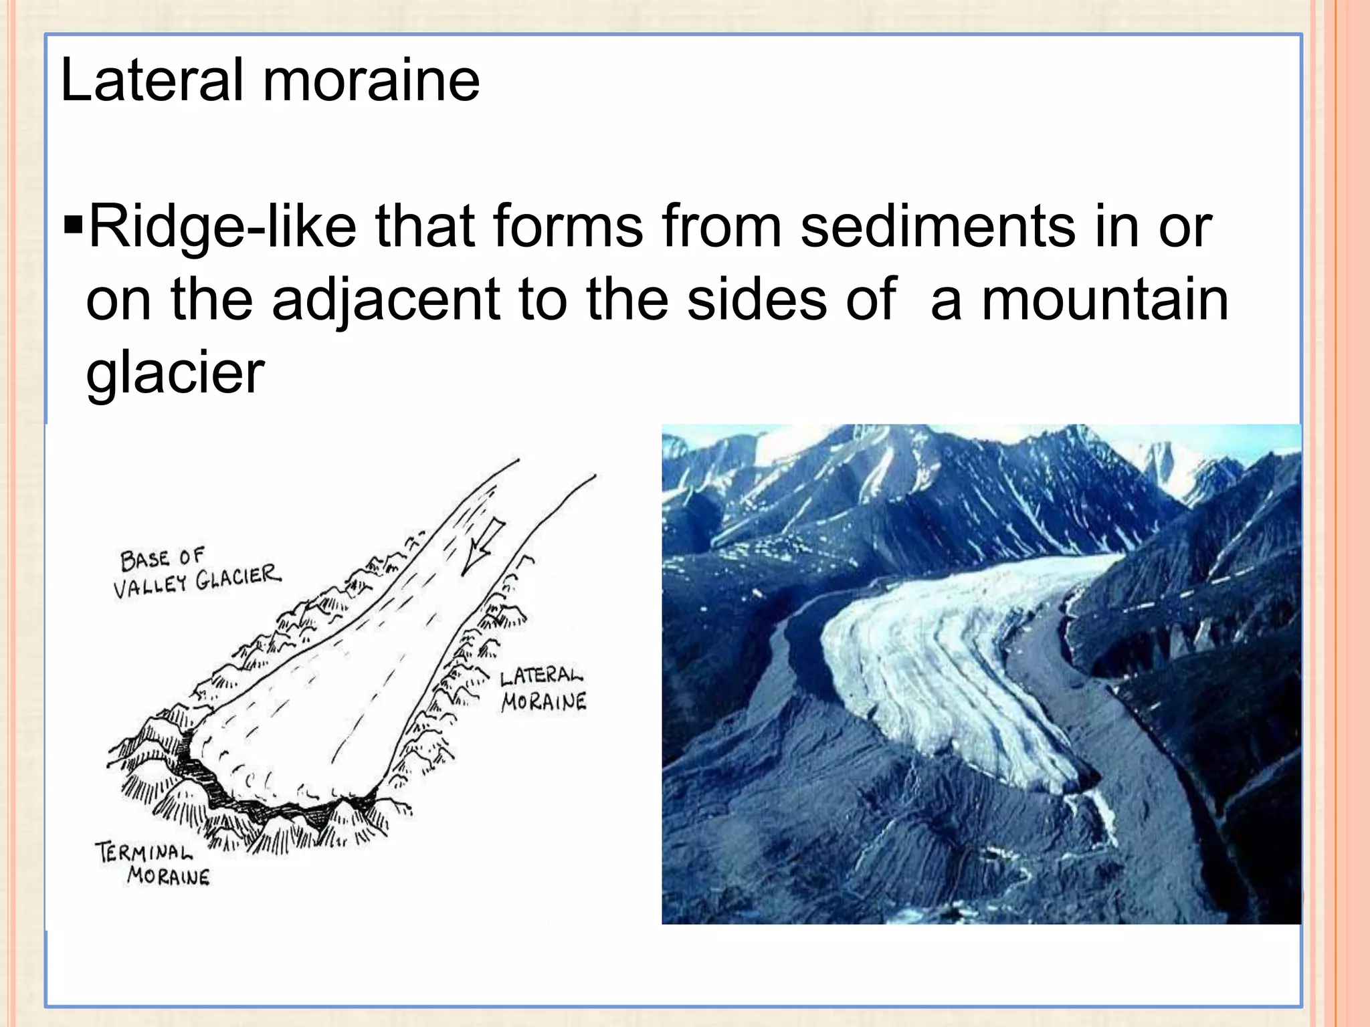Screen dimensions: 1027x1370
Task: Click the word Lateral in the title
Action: click(152, 81)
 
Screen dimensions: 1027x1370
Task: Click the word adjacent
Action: click(386, 300)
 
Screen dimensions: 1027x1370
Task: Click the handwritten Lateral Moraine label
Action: click(543, 689)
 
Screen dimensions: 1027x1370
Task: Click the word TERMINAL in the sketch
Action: click(144, 852)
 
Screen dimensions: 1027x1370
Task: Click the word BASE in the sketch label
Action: click(144, 560)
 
